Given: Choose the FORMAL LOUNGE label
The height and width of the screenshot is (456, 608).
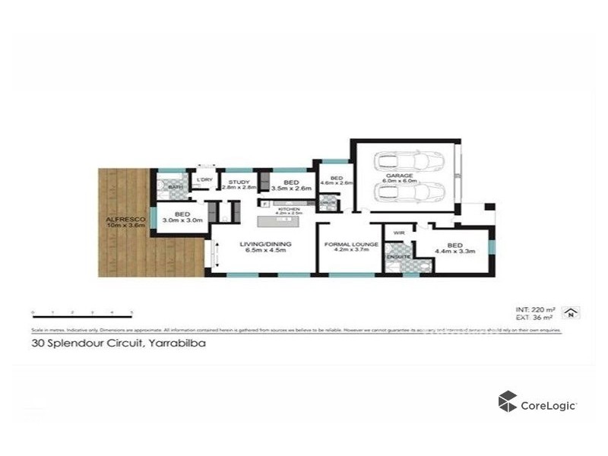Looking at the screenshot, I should [347, 244].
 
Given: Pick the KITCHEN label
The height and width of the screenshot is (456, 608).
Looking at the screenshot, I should [290, 208].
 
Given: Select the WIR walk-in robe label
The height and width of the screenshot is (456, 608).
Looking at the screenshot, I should [398, 232].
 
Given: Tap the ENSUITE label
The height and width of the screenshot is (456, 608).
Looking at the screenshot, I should [398, 257].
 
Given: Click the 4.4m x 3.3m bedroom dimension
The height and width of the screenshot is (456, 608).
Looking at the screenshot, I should [455, 252].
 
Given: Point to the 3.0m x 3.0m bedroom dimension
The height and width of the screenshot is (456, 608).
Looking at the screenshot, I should [182, 220].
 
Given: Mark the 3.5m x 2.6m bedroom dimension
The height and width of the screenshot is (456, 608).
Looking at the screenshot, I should [290, 188].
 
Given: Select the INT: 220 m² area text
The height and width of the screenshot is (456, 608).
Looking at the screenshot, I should [534, 310].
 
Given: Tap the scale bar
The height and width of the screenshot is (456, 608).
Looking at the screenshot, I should [82, 312].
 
